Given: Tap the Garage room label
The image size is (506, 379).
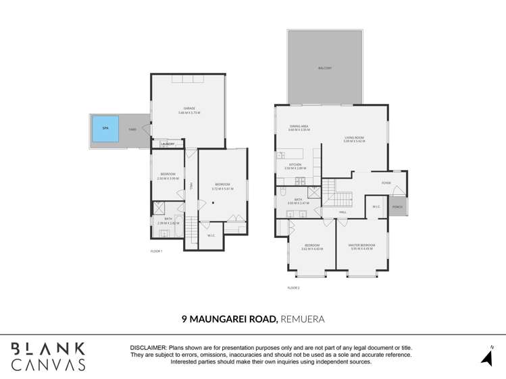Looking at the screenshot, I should click(x=189, y=108).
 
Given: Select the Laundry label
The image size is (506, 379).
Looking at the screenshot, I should click(x=168, y=144).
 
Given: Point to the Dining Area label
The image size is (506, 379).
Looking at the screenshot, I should click(x=299, y=126).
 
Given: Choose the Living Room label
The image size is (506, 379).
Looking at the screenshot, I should click(x=354, y=139).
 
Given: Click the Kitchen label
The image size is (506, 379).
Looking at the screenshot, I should click(x=295, y=165).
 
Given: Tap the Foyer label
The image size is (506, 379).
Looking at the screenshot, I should click(x=386, y=183).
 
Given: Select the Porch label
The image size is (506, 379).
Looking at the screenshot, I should click(x=398, y=207).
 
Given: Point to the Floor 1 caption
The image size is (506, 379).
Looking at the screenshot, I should click(x=157, y=251).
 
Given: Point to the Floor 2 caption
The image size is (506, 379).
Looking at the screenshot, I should click(x=293, y=288).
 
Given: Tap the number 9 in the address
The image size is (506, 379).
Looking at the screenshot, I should click(x=184, y=318).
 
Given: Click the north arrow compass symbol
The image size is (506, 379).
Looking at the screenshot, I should click(x=486, y=357).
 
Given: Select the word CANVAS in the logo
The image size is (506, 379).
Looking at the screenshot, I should click(x=48, y=364).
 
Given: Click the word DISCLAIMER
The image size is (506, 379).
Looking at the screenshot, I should click(x=149, y=347).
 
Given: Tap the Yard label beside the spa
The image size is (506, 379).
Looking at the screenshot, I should click(x=132, y=129).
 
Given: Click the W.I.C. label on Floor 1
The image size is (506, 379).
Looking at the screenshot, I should click(x=210, y=235).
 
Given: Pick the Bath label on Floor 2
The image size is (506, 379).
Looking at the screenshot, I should click(x=297, y=199).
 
